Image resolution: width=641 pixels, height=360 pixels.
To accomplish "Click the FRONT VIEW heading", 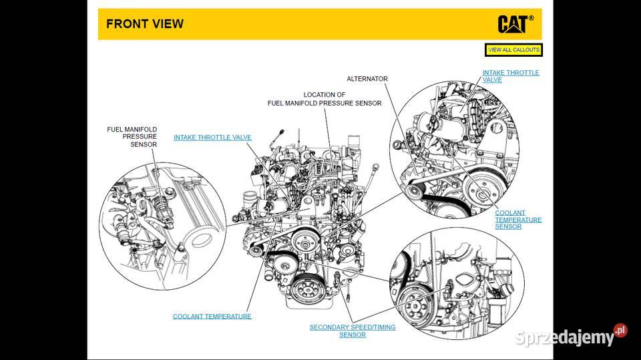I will [x=145, y=25].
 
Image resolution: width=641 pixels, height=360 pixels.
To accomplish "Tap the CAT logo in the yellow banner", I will [x=513, y=24].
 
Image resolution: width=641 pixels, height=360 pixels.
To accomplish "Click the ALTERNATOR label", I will [x=367, y=79].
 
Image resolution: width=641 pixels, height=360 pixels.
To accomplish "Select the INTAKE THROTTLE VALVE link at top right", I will [x=511, y=76].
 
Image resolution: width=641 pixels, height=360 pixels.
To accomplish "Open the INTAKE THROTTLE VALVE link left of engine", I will [x=212, y=138].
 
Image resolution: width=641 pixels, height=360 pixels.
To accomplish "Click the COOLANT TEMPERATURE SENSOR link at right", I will [x=518, y=220].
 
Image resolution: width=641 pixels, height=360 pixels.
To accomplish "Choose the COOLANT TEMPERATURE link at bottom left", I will [x=212, y=316].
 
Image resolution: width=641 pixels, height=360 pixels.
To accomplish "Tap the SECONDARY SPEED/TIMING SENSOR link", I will [x=353, y=331].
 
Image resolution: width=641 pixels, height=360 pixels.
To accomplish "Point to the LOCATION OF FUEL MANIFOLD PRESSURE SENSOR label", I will [x=325, y=100].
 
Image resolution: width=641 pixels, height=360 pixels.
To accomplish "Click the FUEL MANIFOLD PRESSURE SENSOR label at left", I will [x=132, y=136].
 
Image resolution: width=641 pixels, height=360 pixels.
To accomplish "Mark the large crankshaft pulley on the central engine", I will [x=308, y=288].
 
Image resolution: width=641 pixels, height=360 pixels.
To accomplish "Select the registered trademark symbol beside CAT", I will [x=531, y=19].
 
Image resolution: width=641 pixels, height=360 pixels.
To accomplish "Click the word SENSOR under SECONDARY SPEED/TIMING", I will [x=353, y=335].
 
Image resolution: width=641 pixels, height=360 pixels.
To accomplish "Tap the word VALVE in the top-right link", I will [x=492, y=80].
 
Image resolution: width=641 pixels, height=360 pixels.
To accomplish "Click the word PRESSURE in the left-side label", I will [x=139, y=136].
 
